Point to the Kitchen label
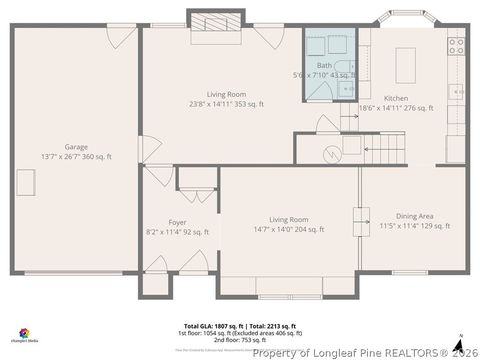tap(396, 98)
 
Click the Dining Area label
tap(414, 216)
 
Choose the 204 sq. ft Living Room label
tap(289, 219)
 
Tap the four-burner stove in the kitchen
tap(457, 45)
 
